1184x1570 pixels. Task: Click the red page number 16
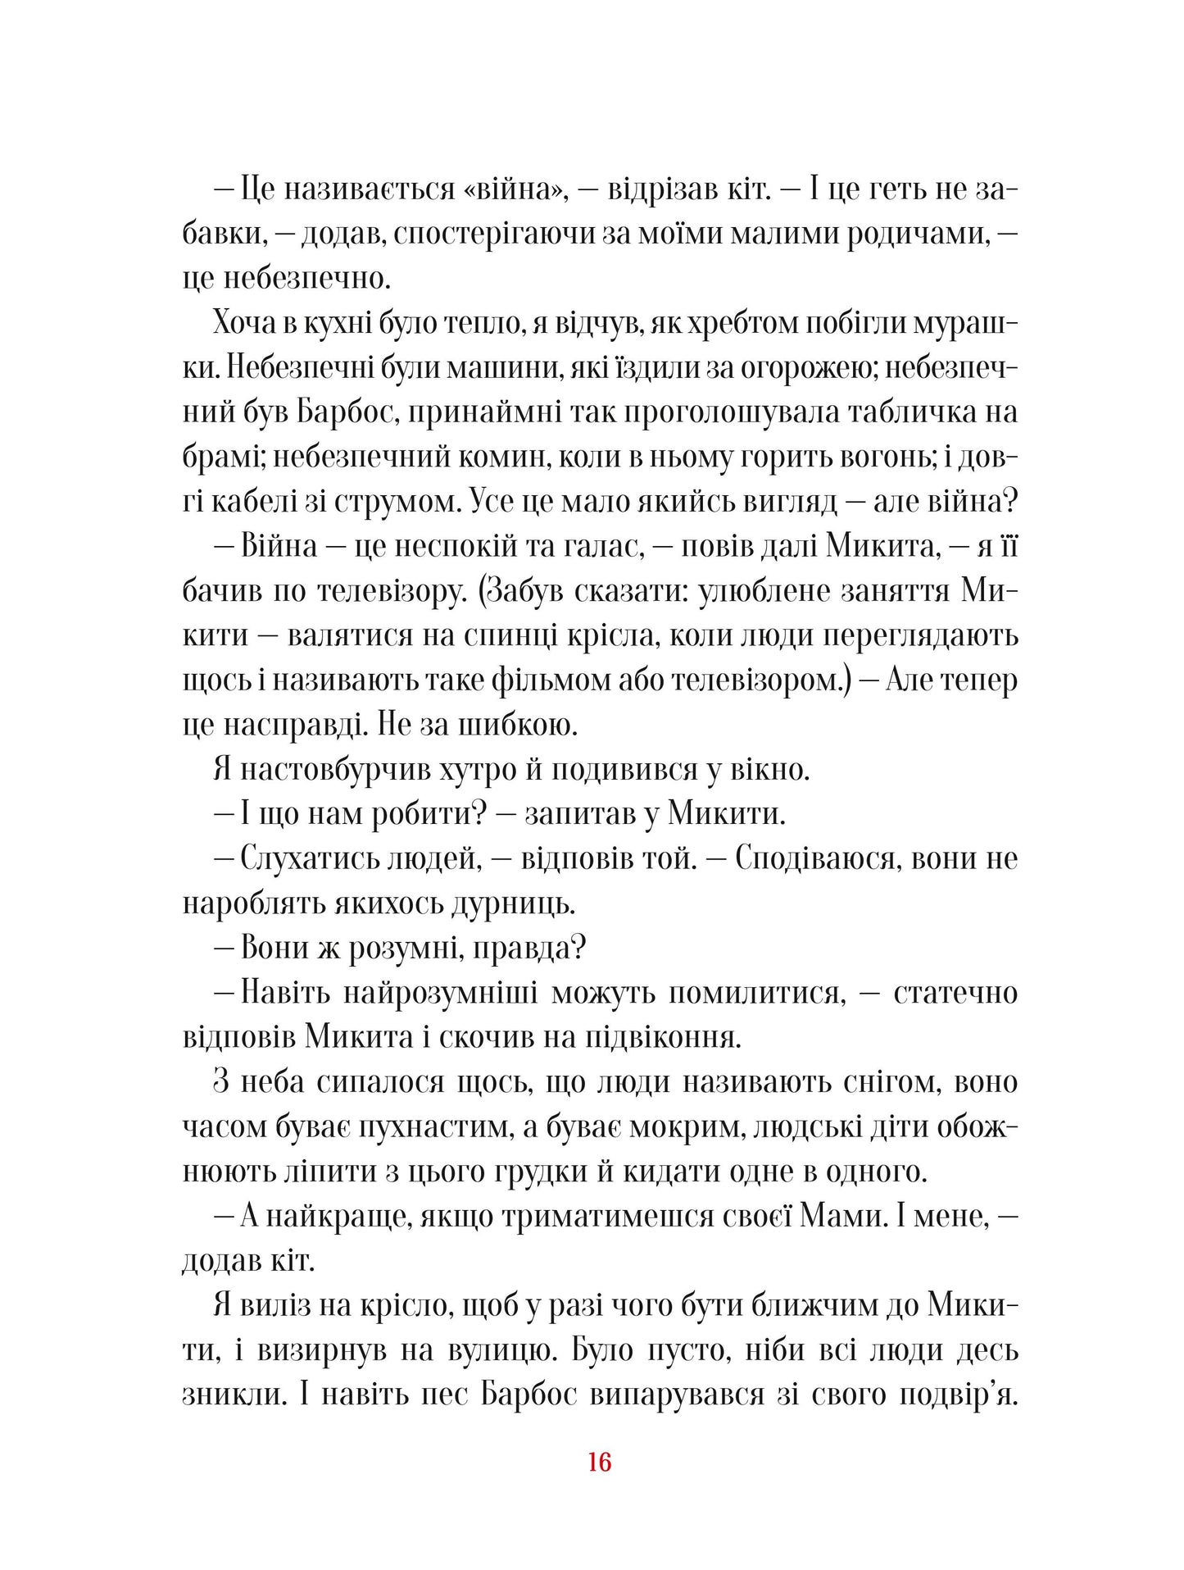point(599,1462)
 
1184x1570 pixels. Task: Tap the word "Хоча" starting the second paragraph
point(243,324)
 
